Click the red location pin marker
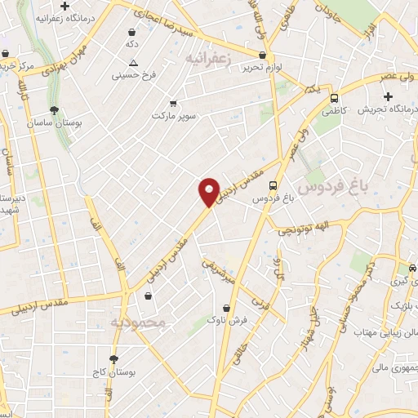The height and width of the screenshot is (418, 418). pos(209,192)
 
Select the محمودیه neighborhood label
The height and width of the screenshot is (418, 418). pos(138,322)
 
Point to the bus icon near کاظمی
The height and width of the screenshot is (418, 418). pos(333,97)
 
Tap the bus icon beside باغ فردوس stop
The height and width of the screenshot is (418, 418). pos(273,185)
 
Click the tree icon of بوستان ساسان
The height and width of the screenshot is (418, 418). pos(54,109)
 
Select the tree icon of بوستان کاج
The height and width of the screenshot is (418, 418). pos(113,359)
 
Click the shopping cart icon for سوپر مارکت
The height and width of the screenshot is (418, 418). pos(173,104)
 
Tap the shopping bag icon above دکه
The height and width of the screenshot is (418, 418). pos(131,32)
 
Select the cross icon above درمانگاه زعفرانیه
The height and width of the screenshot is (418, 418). pos(87,7)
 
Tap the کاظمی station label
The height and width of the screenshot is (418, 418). pos(333,109)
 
